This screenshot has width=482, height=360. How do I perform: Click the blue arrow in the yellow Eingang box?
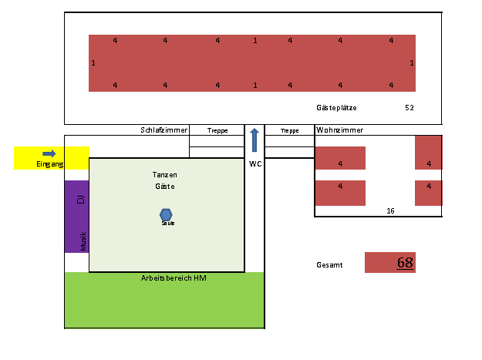tap(49, 153)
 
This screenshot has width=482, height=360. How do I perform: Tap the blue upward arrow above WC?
tap(254, 140)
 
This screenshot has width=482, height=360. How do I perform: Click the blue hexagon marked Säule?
tap(166, 214)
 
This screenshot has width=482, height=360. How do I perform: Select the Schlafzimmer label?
tap(164, 130)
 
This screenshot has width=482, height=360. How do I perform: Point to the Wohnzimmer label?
tap(340, 130)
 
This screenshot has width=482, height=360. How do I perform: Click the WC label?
tap(255, 163)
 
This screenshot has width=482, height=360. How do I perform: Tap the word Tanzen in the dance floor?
tap(165, 175)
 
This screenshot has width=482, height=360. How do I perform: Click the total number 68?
tap(405, 262)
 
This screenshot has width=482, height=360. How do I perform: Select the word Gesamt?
tap(329, 265)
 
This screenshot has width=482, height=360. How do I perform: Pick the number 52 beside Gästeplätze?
tap(410, 108)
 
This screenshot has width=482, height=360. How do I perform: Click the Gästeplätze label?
tap(336, 108)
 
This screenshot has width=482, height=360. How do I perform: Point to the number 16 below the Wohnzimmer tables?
tap(390, 210)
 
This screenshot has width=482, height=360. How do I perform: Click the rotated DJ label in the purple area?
tap(80, 200)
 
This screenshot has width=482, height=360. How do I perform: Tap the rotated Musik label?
tap(83, 240)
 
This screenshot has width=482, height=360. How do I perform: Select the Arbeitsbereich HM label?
tap(174, 278)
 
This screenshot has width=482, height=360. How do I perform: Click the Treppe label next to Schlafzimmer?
tap(217, 131)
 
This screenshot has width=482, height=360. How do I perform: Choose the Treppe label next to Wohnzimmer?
tap(290, 131)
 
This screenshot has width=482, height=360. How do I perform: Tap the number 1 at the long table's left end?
tap(93, 63)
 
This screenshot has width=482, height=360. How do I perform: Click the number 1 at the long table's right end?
tap(412, 63)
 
